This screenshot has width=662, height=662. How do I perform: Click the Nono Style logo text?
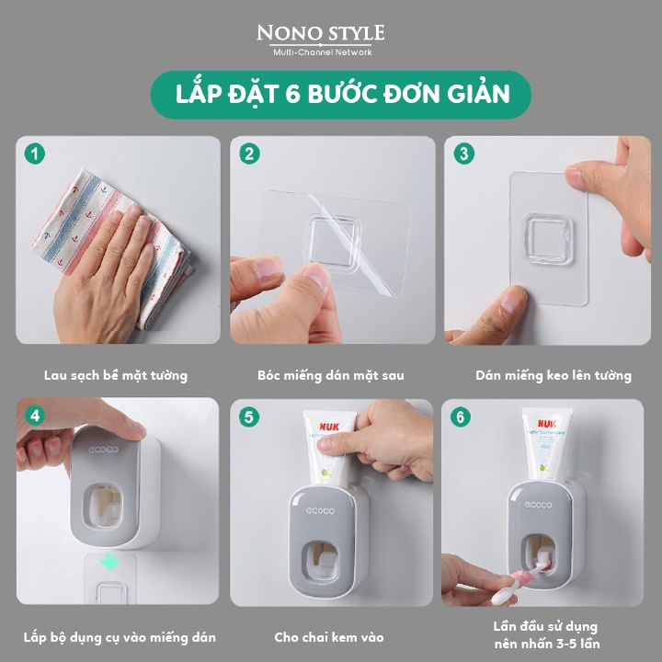pyautogui.click(x=321, y=33)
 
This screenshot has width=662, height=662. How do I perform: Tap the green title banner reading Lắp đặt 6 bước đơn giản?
pyautogui.click(x=341, y=94)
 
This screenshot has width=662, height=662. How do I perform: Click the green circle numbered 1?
pyautogui.click(x=35, y=154)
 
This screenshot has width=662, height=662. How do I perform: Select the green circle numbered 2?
pyautogui.click(x=249, y=154)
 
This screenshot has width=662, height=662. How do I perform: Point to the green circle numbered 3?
pyautogui.click(x=464, y=154)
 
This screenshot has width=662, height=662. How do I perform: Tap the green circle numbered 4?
pyautogui.click(x=35, y=416)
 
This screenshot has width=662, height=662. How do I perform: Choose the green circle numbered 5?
pyautogui.click(x=249, y=417)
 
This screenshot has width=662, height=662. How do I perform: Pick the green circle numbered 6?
pyautogui.click(x=461, y=417)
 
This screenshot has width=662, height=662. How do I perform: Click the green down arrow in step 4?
pyautogui.click(x=109, y=563)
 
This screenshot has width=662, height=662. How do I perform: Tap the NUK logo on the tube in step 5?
pyautogui.click(x=329, y=427)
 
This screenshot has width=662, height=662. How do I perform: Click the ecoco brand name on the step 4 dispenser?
pyautogui.click(x=103, y=450)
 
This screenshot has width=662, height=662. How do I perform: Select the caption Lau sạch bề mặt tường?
pyautogui.click(x=116, y=375)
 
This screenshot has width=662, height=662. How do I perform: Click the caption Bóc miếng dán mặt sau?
pyautogui.click(x=331, y=375)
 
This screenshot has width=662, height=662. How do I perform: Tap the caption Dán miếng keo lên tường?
pyautogui.click(x=554, y=375)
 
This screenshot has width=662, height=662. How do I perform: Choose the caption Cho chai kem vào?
pyautogui.click(x=329, y=637)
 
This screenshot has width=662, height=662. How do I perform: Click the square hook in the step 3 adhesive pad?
pyautogui.click(x=548, y=239)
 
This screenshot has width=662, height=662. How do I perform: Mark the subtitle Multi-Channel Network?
pyautogui.click(x=323, y=52)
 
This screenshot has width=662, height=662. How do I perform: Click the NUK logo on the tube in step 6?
pyautogui.click(x=547, y=423)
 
